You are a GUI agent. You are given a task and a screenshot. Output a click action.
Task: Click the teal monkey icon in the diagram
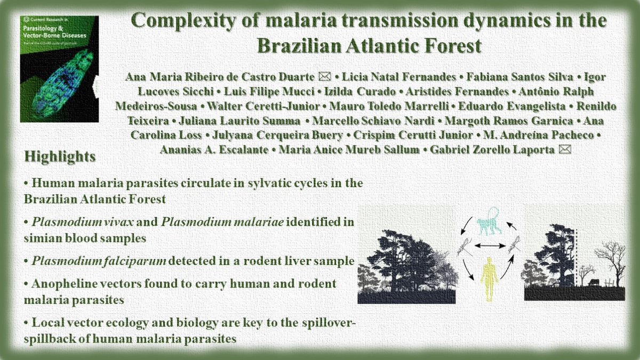[x=489, y=220]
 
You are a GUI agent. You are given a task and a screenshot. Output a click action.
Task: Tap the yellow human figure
[x=489, y=278]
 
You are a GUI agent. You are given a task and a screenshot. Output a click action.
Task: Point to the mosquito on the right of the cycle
[x=515, y=245]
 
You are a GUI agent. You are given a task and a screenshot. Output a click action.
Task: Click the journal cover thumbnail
[x=59, y=69]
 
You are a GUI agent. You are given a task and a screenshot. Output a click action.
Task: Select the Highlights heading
[x=60, y=157]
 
